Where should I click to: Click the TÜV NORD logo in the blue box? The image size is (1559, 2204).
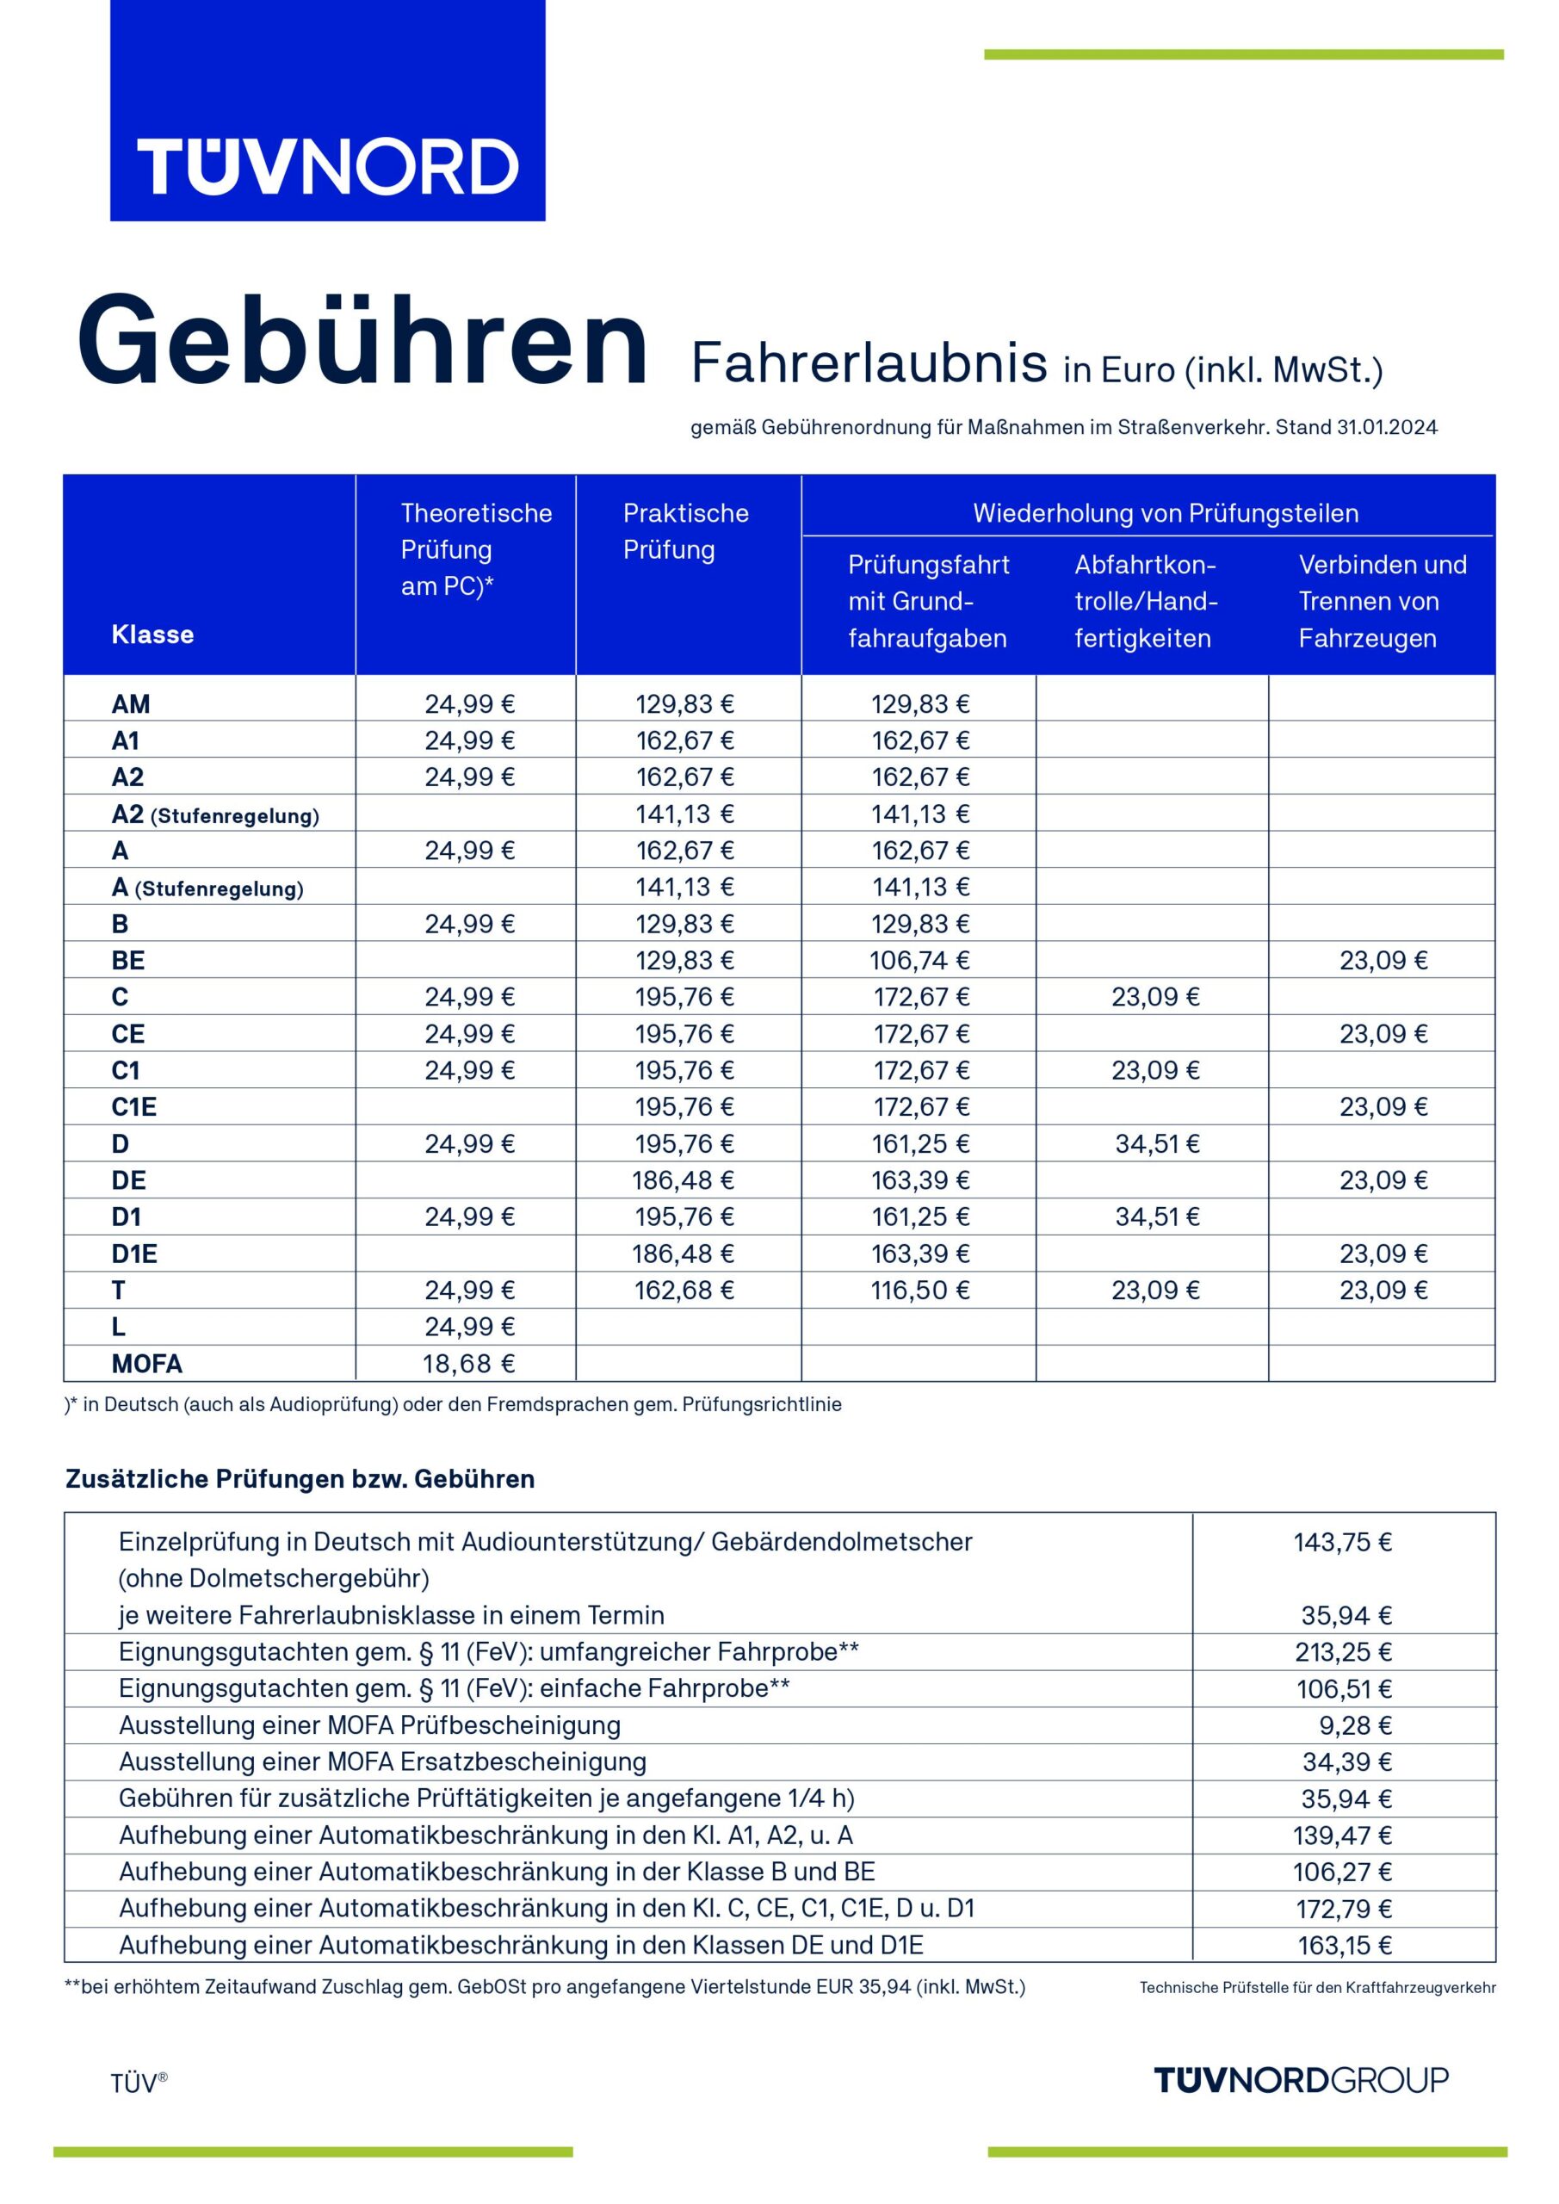[x=327, y=166]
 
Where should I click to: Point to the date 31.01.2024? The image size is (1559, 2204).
[x=1386, y=428]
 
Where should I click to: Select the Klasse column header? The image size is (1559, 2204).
[x=152, y=635]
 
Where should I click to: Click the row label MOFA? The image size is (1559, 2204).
[x=147, y=1363]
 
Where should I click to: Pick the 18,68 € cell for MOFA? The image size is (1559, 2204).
[x=469, y=1363]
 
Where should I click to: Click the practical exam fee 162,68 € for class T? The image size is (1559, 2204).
[x=684, y=1291]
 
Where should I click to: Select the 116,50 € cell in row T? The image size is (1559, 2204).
[x=919, y=1291]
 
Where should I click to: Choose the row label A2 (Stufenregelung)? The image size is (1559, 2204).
[x=215, y=815]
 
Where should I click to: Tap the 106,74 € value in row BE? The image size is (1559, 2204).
[x=919, y=960]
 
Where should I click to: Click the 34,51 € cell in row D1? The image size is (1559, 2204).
[x=1157, y=1217]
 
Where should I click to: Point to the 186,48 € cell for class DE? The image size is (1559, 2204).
[x=683, y=1179]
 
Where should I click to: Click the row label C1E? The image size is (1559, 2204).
[x=133, y=1107]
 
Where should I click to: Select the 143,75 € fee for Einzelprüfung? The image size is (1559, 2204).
[x=1342, y=1542]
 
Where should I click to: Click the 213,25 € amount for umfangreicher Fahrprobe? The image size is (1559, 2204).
[x=1343, y=1652]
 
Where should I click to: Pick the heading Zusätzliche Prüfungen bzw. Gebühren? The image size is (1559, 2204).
[x=300, y=1478]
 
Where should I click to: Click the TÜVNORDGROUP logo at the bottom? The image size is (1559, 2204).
[x=1300, y=2080]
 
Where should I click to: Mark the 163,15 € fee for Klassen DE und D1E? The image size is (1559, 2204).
[x=1344, y=1945]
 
